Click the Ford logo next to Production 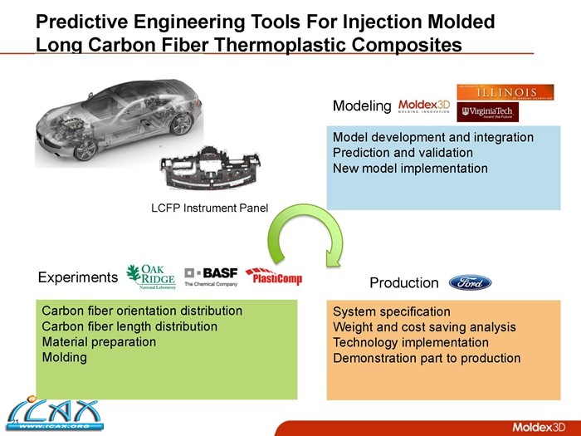pyautogui.click(x=471, y=282)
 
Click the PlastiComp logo pyautogui.click(x=274, y=277)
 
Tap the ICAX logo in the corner pyautogui.click(x=49, y=414)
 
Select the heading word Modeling pyautogui.click(x=361, y=106)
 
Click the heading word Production pyautogui.click(x=403, y=283)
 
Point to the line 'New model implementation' pyautogui.click(x=410, y=169)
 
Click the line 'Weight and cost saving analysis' pyautogui.click(x=424, y=327)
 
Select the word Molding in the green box pyautogui.click(x=64, y=357)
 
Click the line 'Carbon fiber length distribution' pyautogui.click(x=129, y=326)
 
